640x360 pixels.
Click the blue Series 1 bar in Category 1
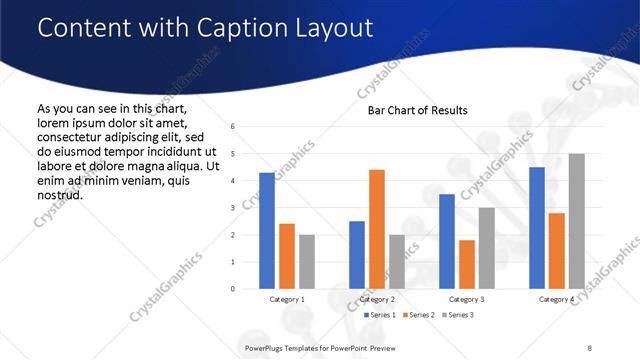(266, 231)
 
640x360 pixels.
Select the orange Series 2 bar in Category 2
(377, 229)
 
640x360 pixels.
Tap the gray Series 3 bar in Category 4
(576, 221)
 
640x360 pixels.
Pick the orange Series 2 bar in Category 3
(466, 264)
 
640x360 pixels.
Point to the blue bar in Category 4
(537, 228)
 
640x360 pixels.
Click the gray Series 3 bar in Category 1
(306, 262)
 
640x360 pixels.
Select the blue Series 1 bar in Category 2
(357, 255)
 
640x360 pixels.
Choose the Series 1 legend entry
(381, 315)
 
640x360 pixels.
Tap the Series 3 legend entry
(459, 315)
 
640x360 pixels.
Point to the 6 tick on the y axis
(232, 127)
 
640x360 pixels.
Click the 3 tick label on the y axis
(232, 208)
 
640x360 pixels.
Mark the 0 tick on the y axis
(232, 289)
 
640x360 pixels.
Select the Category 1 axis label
(287, 299)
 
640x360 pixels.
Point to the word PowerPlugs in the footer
(266, 347)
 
